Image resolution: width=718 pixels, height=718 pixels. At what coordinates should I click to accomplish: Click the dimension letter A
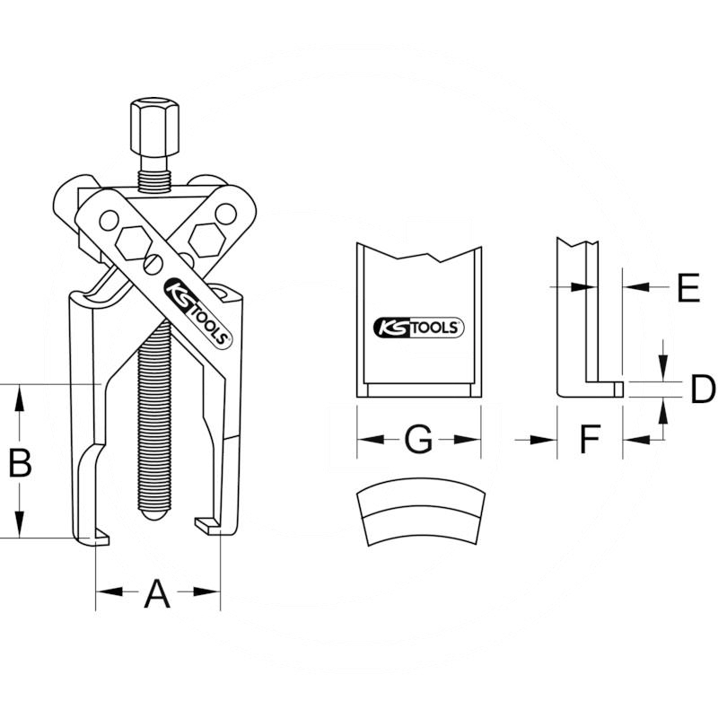pyautogui.click(x=157, y=593)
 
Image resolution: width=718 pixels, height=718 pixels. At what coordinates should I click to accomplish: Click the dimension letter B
pyautogui.click(x=21, y=462)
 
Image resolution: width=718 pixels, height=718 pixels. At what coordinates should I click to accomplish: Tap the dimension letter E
pyautogui.click(x=688, y=287)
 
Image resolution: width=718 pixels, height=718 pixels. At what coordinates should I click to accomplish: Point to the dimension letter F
pyautogui.click(x=591, y=439)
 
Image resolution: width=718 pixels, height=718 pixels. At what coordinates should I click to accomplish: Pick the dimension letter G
pyautogui.click(x=418, y=440)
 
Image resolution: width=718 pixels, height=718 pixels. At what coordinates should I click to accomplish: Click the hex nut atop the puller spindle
pyautogui.click(x=154, y=127)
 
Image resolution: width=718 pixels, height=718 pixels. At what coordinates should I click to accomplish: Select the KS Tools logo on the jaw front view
pyautogui.click(x=418, y=328)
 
